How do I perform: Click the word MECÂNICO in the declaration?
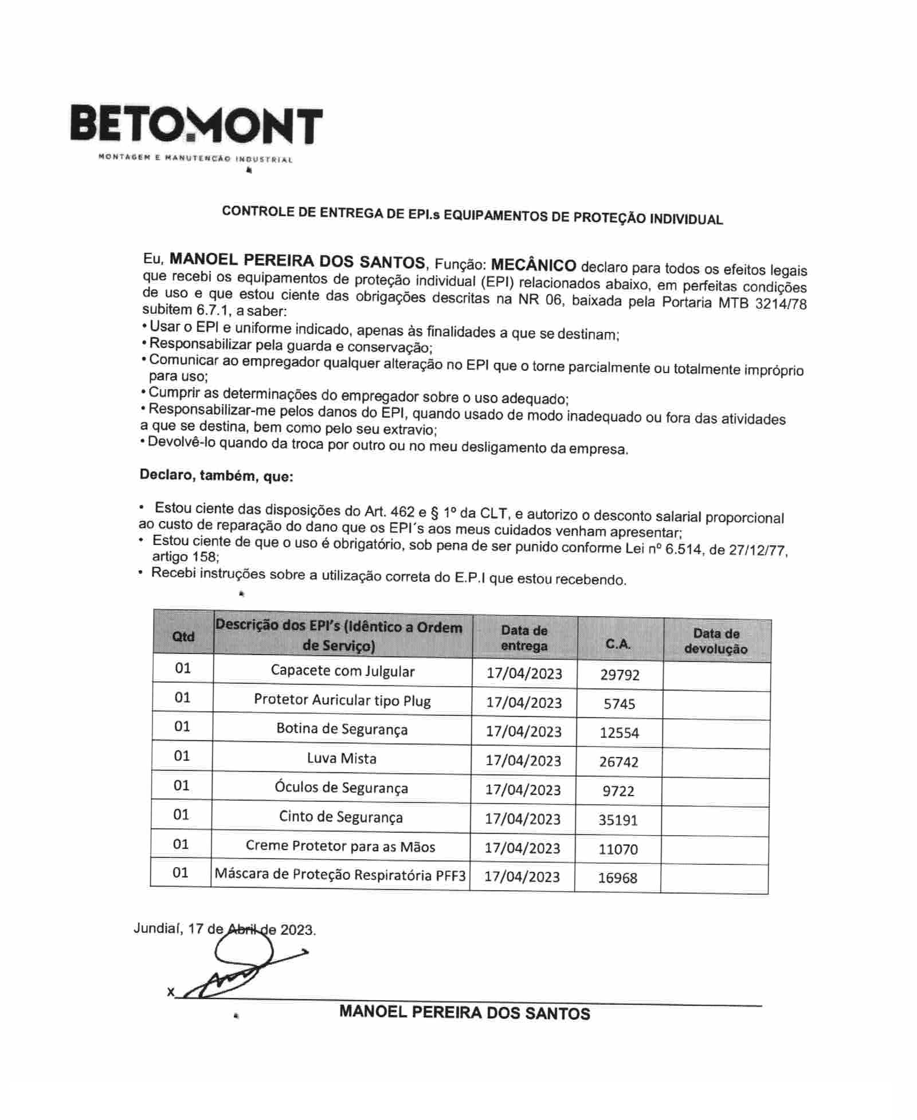pyautogui.click(x=534, y=265)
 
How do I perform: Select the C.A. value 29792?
pyautogui.click(x=620, y=675)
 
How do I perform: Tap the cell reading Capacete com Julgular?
pyautogui.click(x=342, y=671)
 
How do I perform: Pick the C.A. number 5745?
pyautogui.click(x=619, y=704)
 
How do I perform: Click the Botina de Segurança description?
pyautogui.click(x=342, y=729)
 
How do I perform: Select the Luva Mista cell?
pyautogui.click(x=342, y=758)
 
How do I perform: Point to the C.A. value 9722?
pyautogui.click(x=618, y=791)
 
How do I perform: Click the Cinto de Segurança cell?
pyautogui.click(x=340, y=817)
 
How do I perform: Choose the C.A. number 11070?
pyautogui.click(x=618, y=849)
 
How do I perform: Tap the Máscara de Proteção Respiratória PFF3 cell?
pyautogui.click(x=340, y=875)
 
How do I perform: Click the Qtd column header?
pyautogui.click(x=183, y=636)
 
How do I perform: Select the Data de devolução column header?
pyautogui.click(x=716, y=641)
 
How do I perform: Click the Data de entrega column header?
pyautogui.click(x=524, y=638)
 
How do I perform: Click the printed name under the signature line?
pyautogui.click(x=464, y=1013)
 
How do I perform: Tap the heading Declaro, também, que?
pyautogui.click(x=216, y=475)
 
